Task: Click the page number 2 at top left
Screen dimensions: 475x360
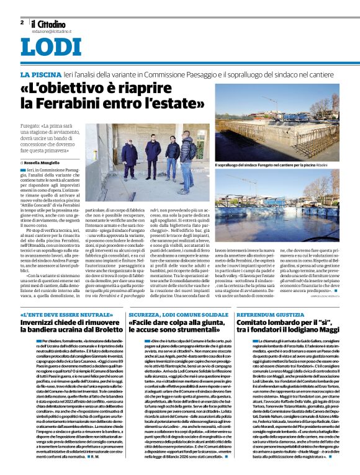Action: click(x=22, y=22)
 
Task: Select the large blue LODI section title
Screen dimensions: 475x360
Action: click(x=51, y=48)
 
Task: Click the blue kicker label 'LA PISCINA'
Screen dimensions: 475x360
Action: click(x=41, y=74)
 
